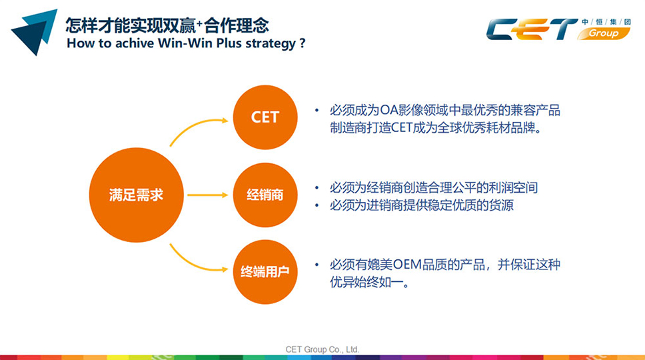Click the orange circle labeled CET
tap(265, 117)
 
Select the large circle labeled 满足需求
tap(136, 195)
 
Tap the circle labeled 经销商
tap(265, 195)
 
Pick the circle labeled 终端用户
tap(265, 272)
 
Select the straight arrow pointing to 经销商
tap(207, 195)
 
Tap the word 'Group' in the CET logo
tap(604, 33)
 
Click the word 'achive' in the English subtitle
tap(135, 43)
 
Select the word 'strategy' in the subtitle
tap(271, 44)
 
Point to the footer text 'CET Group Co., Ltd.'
tap(322, 349)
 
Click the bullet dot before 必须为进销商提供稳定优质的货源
tap(317, 205)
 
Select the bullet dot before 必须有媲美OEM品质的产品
tap(317, 265)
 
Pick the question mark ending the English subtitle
tap(303, 43)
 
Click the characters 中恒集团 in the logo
tap(606, 22)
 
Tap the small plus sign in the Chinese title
tap(199, 23)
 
